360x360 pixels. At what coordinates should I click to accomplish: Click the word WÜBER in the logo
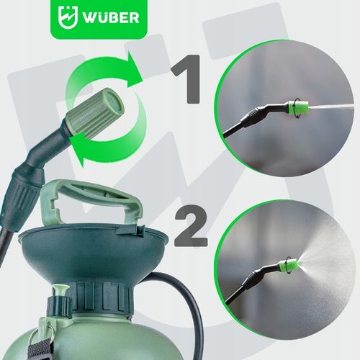tap(111, 17)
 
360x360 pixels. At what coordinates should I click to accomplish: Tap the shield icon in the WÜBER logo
tap(68, 17)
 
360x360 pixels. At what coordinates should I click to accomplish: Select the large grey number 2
tap(191, 226)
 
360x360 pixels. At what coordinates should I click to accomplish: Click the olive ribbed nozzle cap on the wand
tap(96, 113)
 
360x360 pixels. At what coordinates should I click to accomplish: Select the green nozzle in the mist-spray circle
tap(289, 265)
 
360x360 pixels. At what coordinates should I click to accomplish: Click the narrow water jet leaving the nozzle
tap(331, 106)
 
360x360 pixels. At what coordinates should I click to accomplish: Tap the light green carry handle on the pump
tap(91, 202)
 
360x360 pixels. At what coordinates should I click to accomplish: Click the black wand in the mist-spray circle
tap(253, 283)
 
